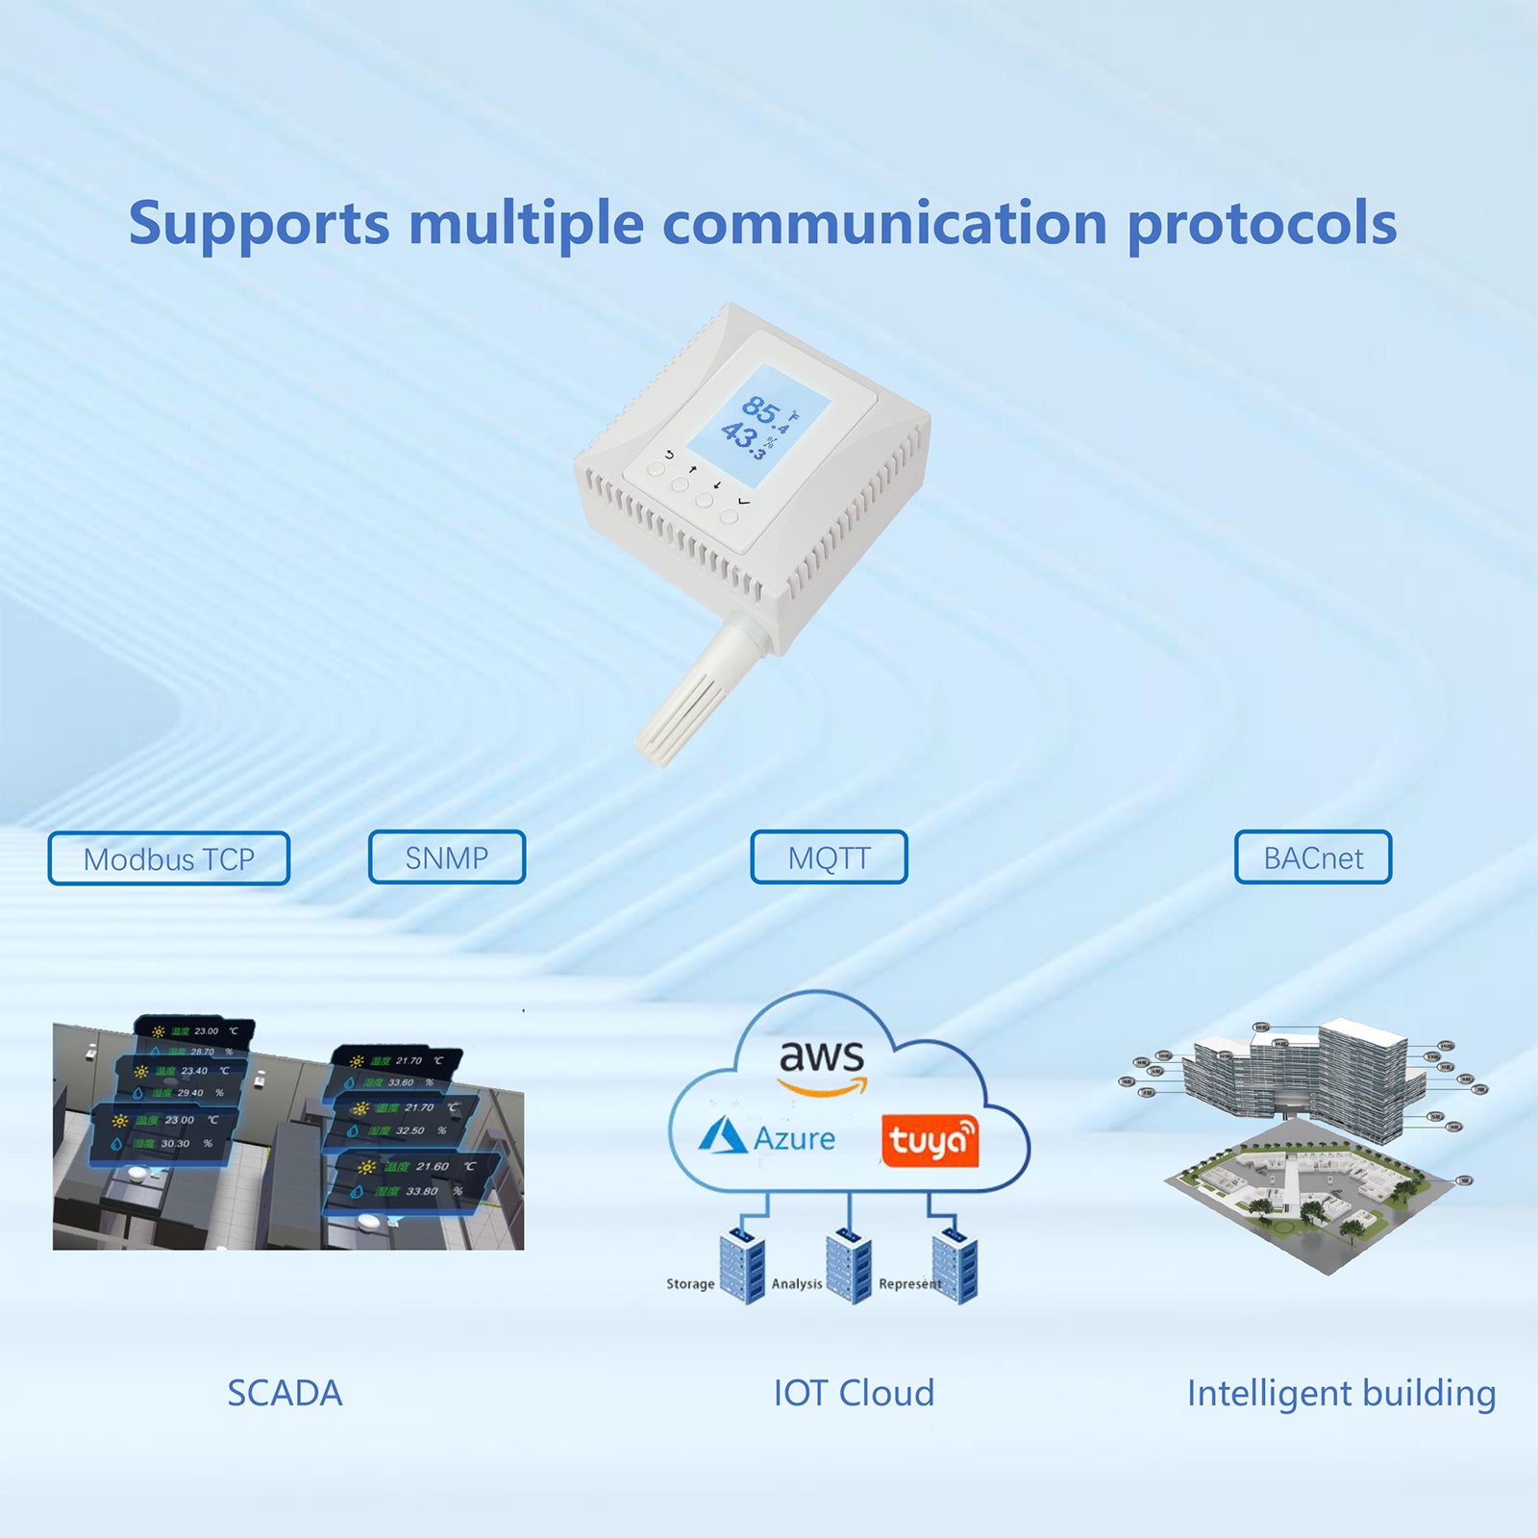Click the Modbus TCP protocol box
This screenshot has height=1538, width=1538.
[168, 858]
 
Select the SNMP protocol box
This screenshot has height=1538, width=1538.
[447, 856]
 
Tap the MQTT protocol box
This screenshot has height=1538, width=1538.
[829, 856]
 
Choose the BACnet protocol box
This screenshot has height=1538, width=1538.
[1313, 856]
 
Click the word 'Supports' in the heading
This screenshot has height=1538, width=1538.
[259, 224]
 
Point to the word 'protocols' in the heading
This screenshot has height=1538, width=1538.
[1261, 224]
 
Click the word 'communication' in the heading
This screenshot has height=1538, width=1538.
[884, 224]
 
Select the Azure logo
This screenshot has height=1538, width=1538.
[766, 1137]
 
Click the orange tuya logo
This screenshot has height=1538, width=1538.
[930, 1141]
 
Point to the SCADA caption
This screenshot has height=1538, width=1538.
[285, 1393]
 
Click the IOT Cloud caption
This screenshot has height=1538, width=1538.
[854, 1393]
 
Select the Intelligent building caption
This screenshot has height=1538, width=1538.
[1341, 1393]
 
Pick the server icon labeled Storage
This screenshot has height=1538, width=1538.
[742, 1266]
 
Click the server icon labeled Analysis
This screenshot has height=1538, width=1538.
[848, 1266]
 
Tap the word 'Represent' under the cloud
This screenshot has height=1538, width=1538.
[909, 1284]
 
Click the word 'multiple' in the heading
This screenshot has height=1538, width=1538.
[526, 224]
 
